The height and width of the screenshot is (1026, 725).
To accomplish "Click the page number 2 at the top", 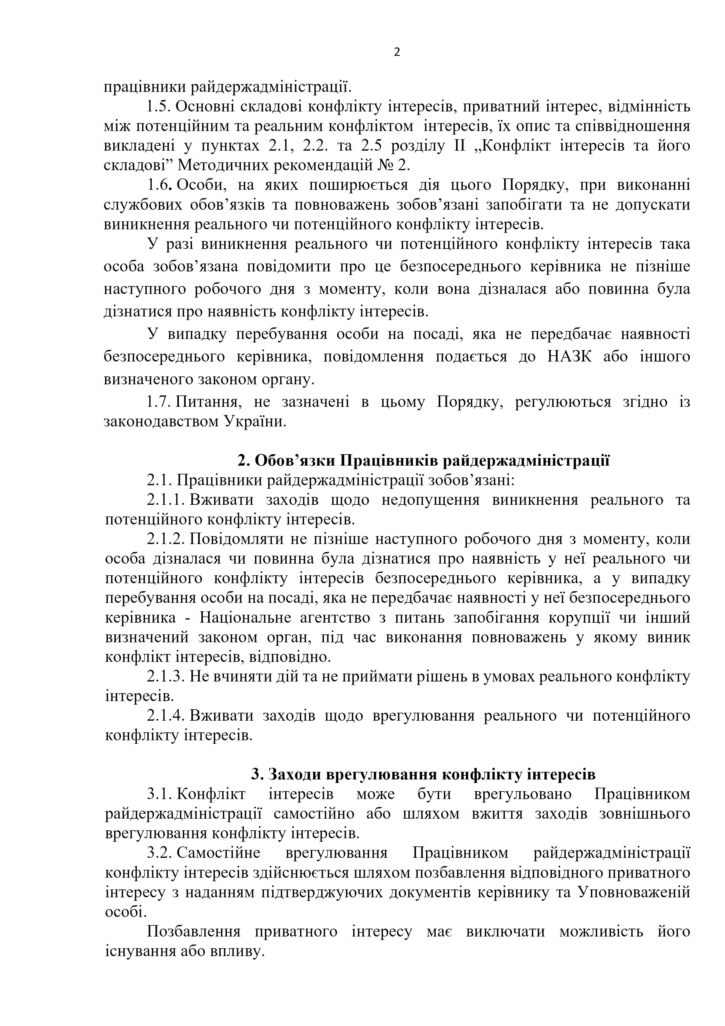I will (397, 53).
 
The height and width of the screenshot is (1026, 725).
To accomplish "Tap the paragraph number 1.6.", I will (160, 185).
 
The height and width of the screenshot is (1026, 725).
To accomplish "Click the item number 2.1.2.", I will (166, 539).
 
